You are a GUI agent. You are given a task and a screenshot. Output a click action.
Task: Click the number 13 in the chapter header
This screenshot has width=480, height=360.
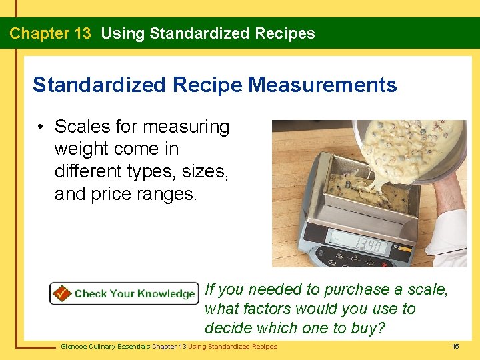pos(79,33)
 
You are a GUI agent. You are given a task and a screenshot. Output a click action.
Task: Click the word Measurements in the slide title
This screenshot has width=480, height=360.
pos(323,85)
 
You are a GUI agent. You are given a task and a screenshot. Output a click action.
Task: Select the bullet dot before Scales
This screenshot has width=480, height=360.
pos(41,127)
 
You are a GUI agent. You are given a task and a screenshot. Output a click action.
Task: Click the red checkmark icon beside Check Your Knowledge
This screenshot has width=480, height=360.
pos(62,293)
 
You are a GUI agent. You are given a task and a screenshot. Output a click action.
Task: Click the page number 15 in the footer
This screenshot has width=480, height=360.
pos(455,346)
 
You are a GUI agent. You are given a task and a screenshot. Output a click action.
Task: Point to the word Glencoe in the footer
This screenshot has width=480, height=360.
pos(75,346)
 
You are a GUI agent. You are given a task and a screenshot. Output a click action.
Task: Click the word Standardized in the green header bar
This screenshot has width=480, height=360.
pos(192,33)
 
